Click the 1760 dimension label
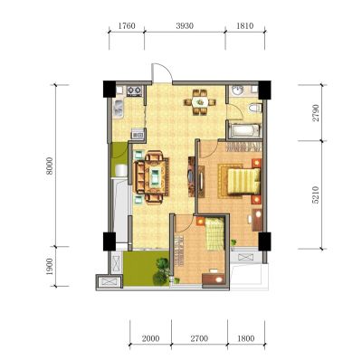[127, 26]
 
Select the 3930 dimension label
[185, 26]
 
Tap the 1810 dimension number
[244, 26]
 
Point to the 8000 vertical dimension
[50, 166]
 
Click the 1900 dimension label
[50, 267]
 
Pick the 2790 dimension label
[316, 113]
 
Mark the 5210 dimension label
[316, 194]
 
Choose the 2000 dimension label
[150, 338]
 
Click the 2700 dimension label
[199, 338]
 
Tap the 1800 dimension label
[246, 338]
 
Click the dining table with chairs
[200, 102]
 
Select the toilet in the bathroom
[255, 108]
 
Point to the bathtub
[244, 130]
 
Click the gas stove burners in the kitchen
[134, 90]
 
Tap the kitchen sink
[118, 109]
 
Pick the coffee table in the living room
[155, 176]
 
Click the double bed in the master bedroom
[243, 181]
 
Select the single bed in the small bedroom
[215, 234]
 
